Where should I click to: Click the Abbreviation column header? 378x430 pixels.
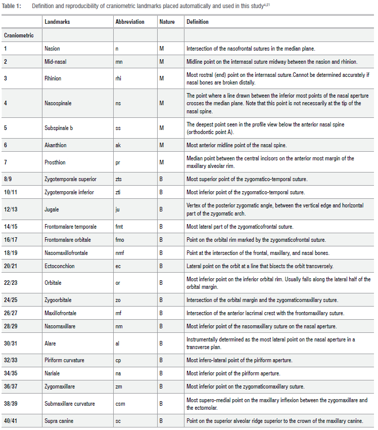129,22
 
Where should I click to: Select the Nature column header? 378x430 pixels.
167,22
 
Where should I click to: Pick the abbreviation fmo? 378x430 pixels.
119,239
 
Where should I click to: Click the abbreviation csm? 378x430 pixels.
120,403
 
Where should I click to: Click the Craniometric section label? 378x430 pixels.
19,35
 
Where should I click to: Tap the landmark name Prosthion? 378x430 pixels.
55,162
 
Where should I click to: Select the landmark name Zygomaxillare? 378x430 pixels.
60,386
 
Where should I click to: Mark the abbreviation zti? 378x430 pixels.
118,192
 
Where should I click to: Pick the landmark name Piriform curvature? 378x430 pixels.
64,360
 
